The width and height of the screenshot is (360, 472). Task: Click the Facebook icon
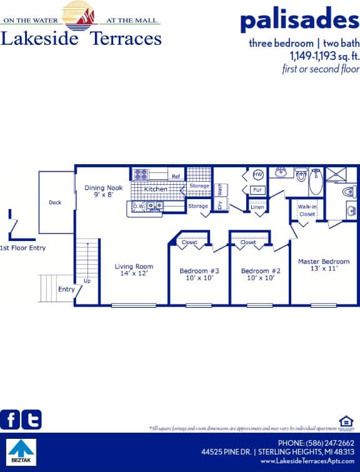[10, 420]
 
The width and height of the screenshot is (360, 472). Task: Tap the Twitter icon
[31, 420]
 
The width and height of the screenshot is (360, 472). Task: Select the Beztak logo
[22, 452]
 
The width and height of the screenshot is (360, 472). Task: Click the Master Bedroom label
[323, 265]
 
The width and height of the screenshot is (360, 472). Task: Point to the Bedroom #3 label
[199, 274]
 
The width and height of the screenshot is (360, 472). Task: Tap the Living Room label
[134, 270]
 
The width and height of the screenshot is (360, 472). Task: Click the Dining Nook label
[103, 190]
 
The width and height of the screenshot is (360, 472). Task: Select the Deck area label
[55, 202]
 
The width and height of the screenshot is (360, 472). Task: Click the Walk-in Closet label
[307, 210]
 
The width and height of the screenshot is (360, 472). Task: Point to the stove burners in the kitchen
[141, 175]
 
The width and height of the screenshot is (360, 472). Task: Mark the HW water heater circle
[257, 175]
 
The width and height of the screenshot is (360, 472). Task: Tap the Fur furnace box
[257, 190]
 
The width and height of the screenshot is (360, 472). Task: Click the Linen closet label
[257, 207]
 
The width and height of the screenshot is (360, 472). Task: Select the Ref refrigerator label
[176, 177]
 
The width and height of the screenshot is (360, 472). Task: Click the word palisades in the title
[299, 21]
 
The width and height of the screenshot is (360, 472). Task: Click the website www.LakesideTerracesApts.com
[307, 461]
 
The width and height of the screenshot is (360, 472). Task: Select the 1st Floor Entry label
[22, 248]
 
